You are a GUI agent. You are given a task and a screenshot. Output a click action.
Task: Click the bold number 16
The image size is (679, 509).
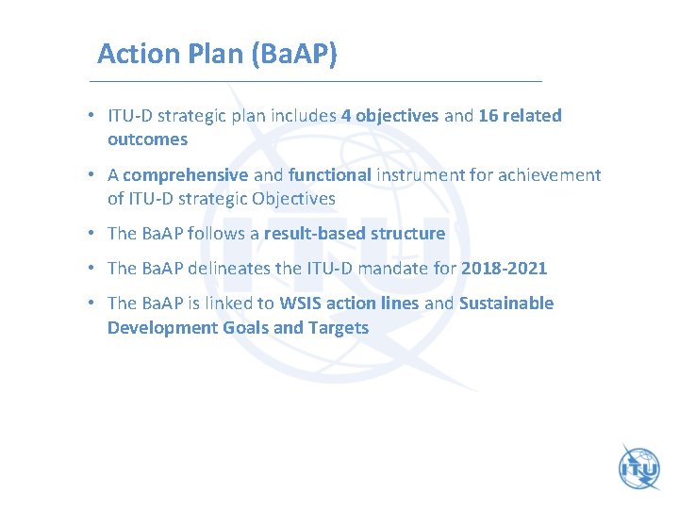click(x=489, y=116)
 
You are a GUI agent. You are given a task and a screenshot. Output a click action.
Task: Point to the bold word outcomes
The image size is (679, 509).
click(x=147, y=140)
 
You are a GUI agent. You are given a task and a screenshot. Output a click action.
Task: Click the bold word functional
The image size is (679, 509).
click(x=330, y=175)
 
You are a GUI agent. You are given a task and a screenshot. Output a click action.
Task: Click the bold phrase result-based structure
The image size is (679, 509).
click(x=355, y=234)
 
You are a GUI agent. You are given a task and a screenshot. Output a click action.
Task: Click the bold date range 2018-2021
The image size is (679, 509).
click(x=504, y=269)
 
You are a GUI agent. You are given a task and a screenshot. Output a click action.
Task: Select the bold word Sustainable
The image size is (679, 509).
click(x=506, y=304)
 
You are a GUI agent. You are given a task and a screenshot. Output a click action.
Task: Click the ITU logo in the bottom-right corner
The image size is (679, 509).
click(x=638, y=467)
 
